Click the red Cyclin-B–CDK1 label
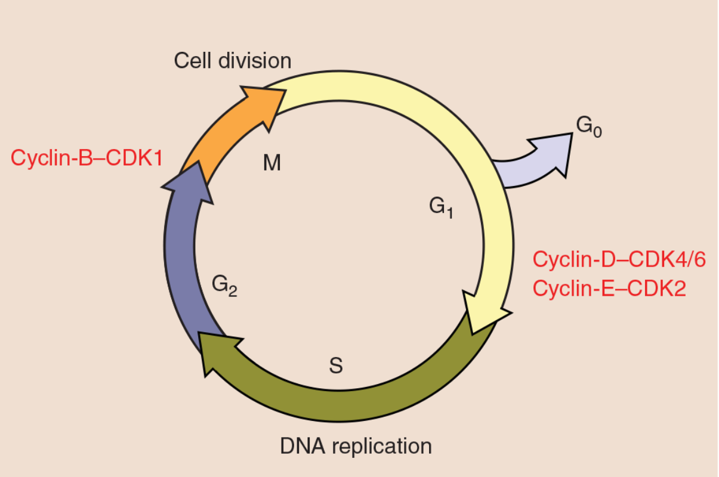pyautogui.click(x=87, y=158)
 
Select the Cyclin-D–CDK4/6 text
pyautogui.click(x=619, y=259)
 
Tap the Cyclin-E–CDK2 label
pyautogui.click(x=609, y=289)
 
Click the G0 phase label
pyautogui.click(x=589, y=127)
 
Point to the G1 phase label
pyautogui.click(x=441, y=207)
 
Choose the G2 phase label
pyautogui.click(x=224, y=286)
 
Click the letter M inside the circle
pyautogui.click(x=272, y=163)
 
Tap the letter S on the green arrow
pyautogui.click(x=336, y=366)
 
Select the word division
pyautogui.click(x=255, y=61)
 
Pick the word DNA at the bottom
pyautogui.click(x=303, y=446)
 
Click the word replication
pyautogui.click(x=382, y=447)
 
